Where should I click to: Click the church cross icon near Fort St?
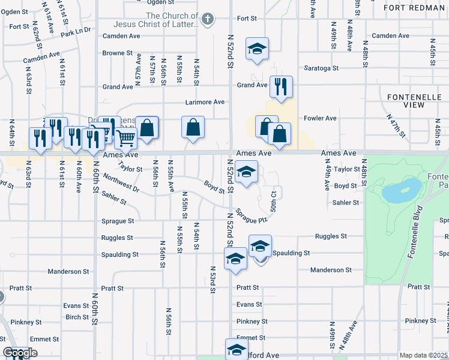[x=208, y=19]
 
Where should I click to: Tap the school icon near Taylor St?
[x=246, y=171]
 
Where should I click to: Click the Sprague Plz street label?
[x=250, y=214]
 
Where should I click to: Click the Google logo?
[x=20, y=353]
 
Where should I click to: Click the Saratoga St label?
[x=322, y=67]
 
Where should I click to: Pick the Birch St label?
[x=77, y=317]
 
